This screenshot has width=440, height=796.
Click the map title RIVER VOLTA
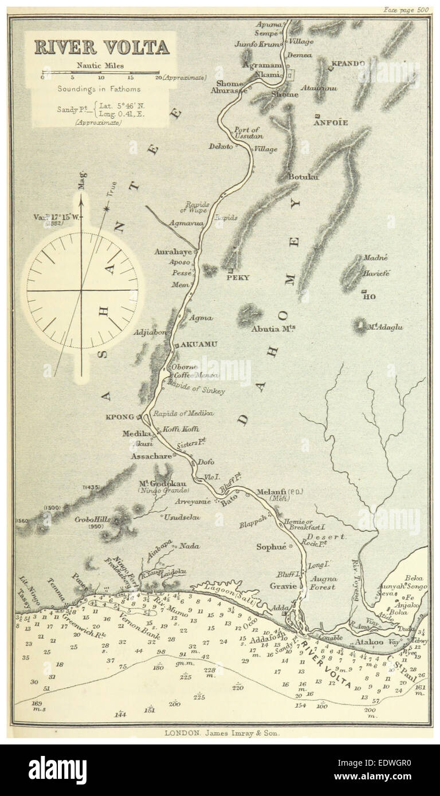coord(101,47)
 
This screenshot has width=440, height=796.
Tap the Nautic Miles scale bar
coord(101,74)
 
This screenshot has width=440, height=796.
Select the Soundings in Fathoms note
coord(98,89)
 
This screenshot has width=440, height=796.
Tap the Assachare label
coord(151,456)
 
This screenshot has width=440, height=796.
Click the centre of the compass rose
coord(81,290)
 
